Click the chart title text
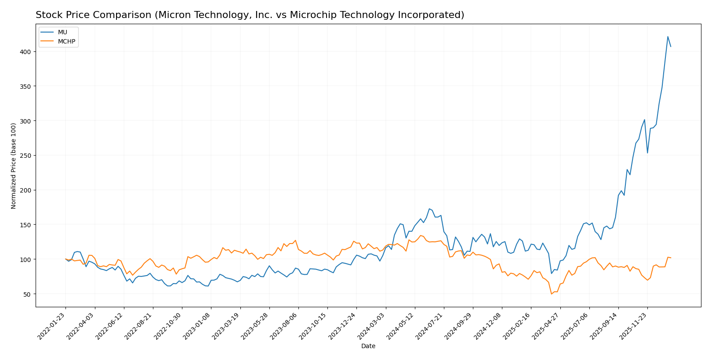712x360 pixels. click(x=250, y=15)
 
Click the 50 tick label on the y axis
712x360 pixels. click(x=27, y=294)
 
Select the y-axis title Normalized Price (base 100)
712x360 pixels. click(x=14, y=166)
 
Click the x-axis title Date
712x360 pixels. click(x=368, y=346)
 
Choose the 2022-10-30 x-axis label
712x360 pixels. click(x=168, y=326)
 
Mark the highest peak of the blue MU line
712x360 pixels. click(x=668, y=36)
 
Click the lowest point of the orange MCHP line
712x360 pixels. click(x=551, y=294)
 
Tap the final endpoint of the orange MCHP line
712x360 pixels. click(x=671, y=258)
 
